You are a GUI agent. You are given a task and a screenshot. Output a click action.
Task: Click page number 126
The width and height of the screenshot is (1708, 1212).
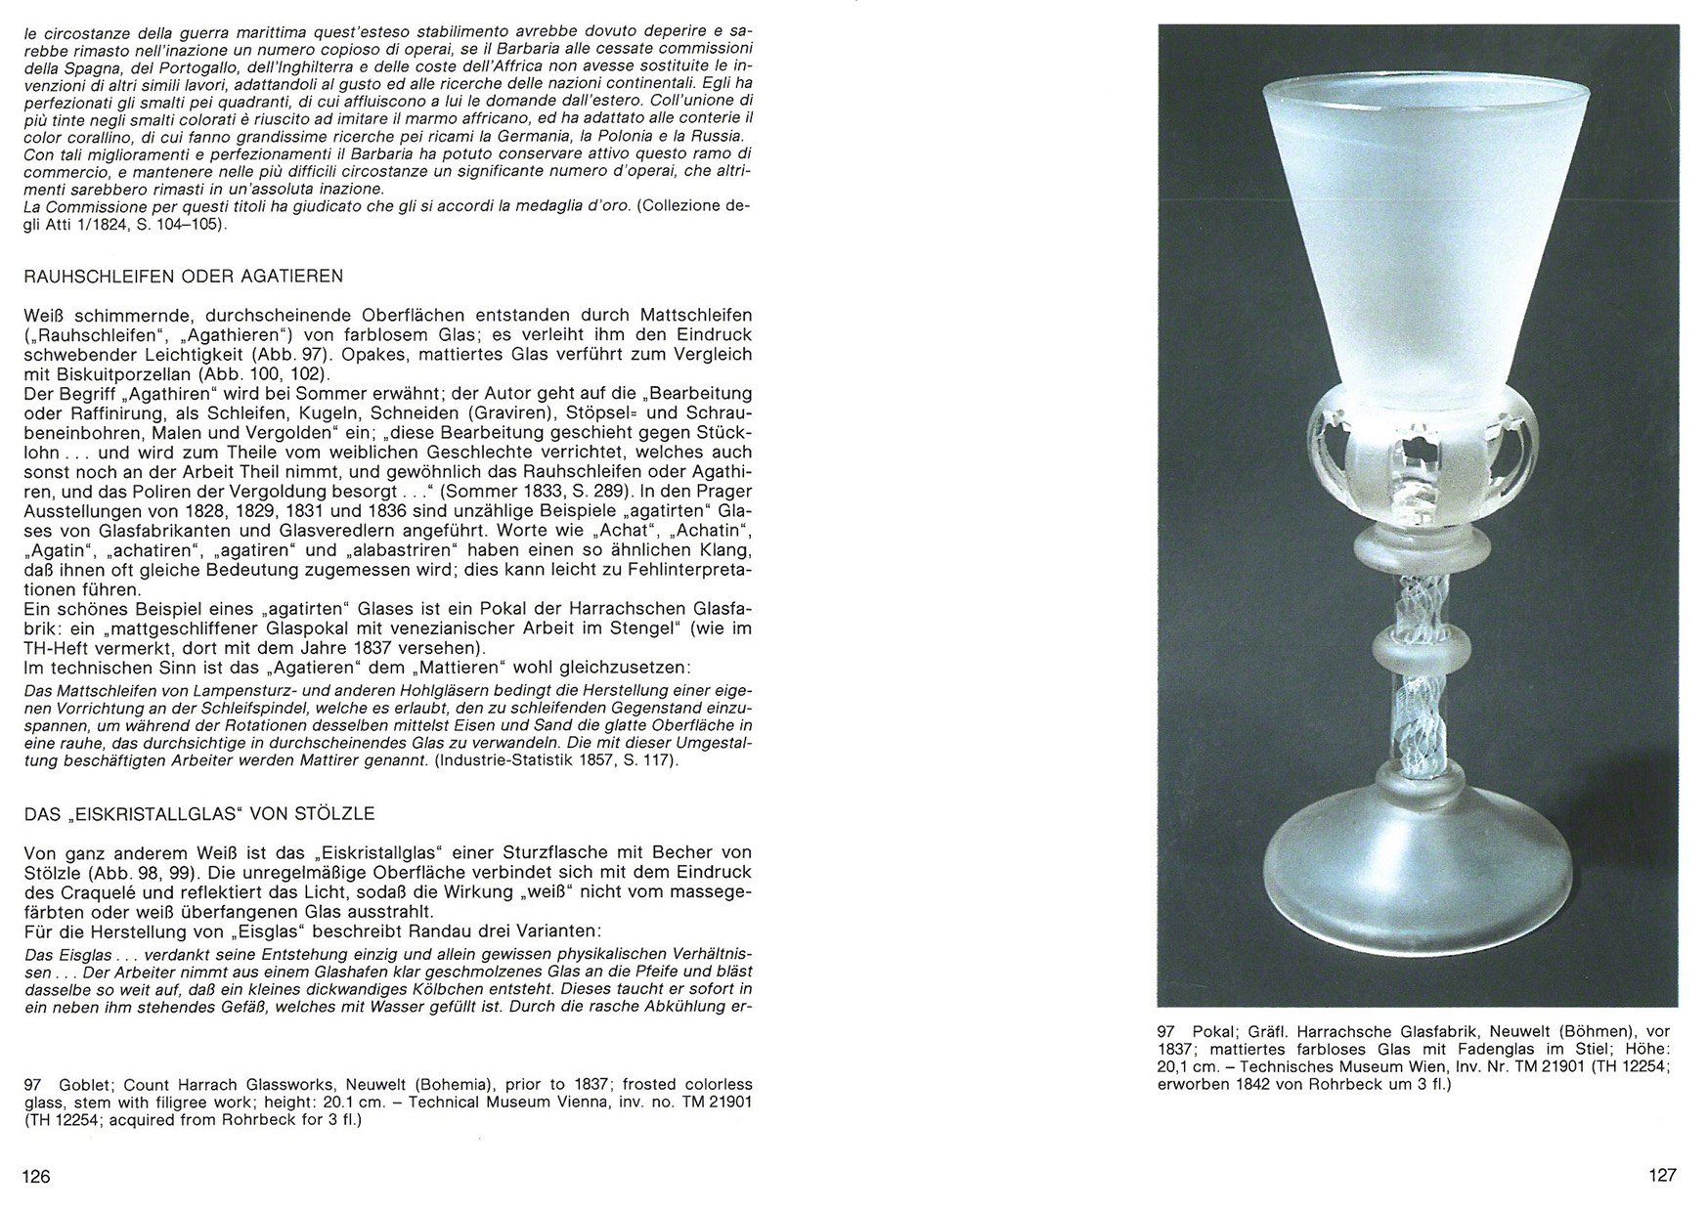pos(36,1176)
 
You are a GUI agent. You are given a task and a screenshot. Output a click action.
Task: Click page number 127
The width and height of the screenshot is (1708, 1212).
pos(1662,1176)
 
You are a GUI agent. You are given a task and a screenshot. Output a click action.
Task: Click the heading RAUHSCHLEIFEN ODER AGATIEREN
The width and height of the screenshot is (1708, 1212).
pos(184,277)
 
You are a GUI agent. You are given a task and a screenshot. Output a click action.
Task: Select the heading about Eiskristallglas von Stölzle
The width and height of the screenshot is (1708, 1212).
pos(199,813)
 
